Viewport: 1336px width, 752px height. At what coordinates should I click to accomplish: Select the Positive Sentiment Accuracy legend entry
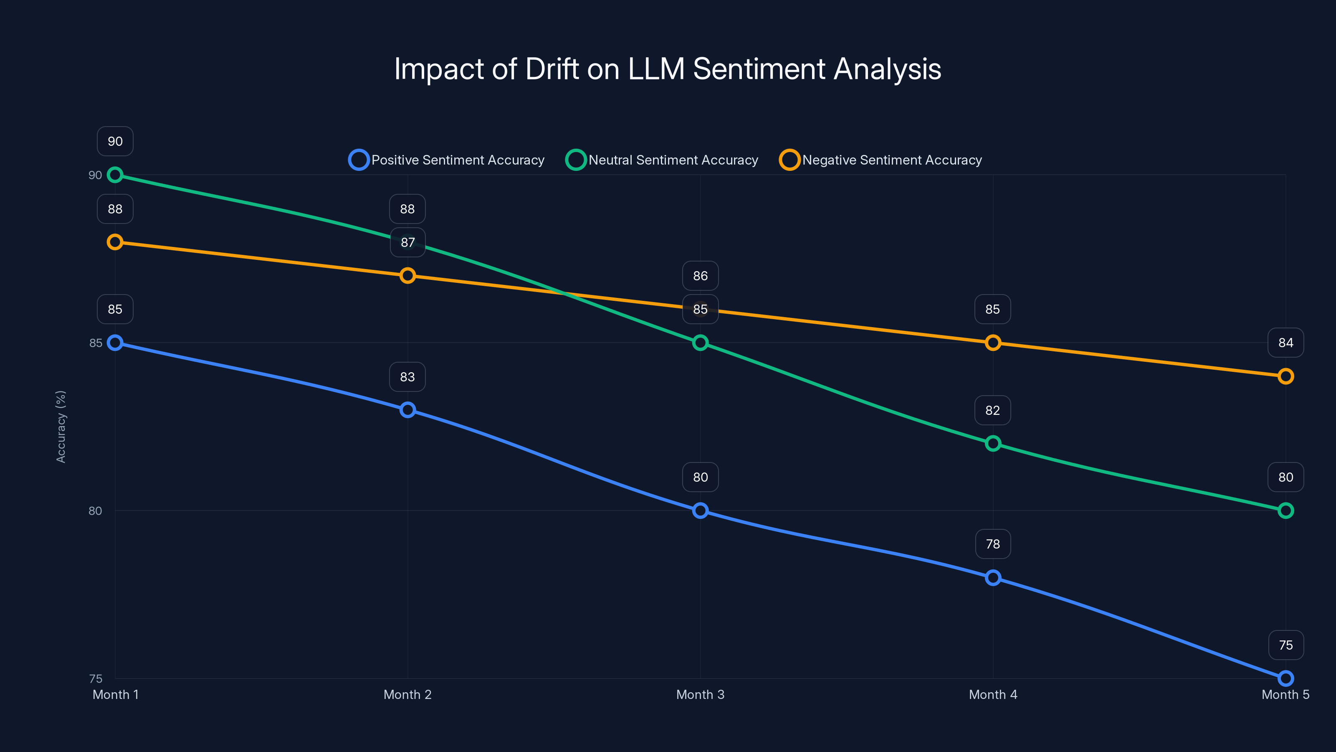447,160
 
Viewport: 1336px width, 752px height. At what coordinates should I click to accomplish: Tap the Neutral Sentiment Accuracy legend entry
662,160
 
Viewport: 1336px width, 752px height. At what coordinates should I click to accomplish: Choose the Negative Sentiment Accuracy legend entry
881,160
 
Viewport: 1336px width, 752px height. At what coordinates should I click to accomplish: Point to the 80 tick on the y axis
96,511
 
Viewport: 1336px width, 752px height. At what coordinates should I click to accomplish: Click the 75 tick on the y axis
96,678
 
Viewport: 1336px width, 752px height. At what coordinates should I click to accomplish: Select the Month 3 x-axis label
700,694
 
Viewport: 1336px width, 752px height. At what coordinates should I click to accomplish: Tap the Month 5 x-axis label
1285,694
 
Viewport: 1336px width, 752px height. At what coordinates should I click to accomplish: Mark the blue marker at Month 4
993,578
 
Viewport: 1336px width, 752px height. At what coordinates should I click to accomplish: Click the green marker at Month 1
115,175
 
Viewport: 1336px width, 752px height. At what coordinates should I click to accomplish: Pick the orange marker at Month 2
407,276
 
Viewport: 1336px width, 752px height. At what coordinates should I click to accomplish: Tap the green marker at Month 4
993,443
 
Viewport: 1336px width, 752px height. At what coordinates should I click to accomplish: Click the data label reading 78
993,544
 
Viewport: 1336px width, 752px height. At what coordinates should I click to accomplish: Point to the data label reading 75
1285,645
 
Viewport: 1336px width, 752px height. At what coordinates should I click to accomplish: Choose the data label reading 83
407,377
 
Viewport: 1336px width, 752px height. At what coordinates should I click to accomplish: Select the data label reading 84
1285,343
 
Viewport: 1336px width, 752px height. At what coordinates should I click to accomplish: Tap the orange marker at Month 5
1285,376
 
